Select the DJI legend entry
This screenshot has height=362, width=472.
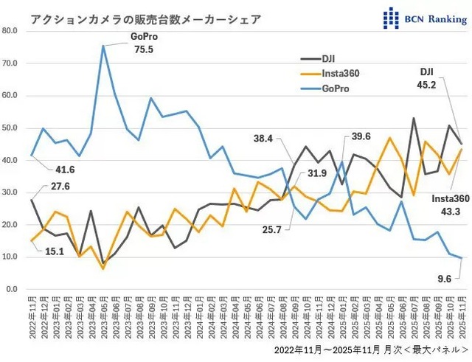(x=329, y=58)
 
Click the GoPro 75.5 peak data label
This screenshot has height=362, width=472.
(x=142, y=43)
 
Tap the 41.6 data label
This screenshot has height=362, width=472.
(x=44, y=169)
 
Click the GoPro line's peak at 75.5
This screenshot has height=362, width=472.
(x=103, y=45)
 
